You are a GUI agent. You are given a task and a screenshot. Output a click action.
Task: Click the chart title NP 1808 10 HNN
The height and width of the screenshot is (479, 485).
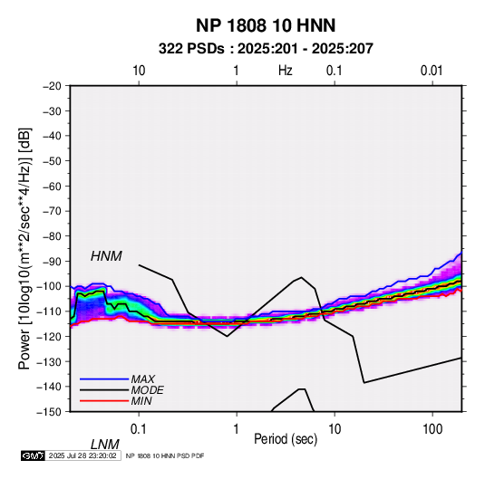click(266, 25)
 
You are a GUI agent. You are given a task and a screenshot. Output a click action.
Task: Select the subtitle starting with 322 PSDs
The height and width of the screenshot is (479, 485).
click(266, 49)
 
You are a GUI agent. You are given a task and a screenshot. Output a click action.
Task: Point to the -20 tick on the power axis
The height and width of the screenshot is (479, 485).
click(52, 86)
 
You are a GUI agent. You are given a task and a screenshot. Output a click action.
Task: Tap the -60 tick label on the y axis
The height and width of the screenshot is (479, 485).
click(52, 186)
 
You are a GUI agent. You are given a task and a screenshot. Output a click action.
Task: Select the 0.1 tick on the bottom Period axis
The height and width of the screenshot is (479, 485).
click(139, 429)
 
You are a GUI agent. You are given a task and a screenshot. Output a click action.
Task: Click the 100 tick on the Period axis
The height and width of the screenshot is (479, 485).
click(432, 429)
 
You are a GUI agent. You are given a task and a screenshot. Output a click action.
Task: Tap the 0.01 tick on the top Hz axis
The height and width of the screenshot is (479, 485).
click(432, 71)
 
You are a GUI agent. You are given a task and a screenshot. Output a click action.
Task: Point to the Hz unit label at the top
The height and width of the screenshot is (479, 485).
click(286, 71)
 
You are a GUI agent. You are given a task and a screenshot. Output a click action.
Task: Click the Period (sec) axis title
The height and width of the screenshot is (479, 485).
click(286, 439)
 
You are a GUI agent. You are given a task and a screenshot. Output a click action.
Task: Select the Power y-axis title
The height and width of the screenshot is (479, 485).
click(24, 249)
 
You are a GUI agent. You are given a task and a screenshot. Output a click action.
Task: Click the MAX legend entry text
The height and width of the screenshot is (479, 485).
click(142, 379)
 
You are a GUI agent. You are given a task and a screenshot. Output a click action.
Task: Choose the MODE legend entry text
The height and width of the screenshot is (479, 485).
click(147, 390)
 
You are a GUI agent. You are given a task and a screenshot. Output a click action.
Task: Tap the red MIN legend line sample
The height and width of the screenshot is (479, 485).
click(104, 401)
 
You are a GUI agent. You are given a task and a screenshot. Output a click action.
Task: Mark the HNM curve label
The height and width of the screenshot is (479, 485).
click(106, 256)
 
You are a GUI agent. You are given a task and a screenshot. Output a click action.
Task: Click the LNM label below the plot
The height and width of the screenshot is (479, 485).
click(105, 445)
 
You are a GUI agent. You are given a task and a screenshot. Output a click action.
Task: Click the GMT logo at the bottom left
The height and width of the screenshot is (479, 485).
click(33, 455)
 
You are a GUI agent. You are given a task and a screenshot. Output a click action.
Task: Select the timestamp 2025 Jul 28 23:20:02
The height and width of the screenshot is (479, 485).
click(82, 455)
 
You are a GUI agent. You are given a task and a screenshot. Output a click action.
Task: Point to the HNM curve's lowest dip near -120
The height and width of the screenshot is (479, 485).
click(227, 336)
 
